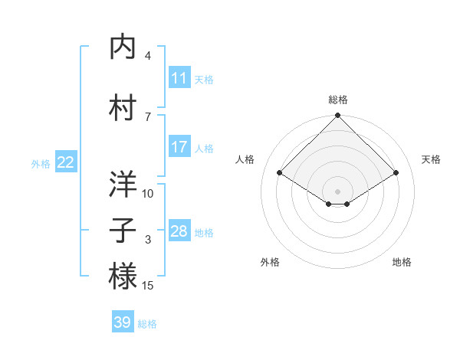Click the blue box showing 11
coord(179,78)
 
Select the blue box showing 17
coord(179,147)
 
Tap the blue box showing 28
coord(179,231)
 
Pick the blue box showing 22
coord(65,162)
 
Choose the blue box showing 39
coord(122,322)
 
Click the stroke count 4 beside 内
coord(148,55)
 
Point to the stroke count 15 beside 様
coord(148,286)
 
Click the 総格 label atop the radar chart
coord(337,100)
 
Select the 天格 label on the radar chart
coord(431,159)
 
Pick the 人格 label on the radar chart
coord(245,159)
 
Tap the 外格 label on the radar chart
coord(270,262)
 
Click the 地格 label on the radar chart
coord(402,262)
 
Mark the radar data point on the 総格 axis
coord(337,116)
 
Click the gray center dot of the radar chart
coord(337,190)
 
